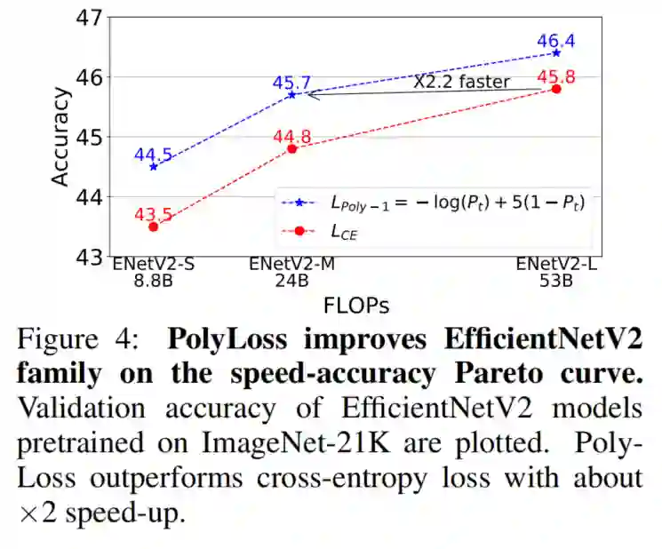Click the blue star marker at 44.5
[x=154, y=166]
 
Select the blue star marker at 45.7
[x=292, y=94]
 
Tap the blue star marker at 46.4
[x=556, y=52]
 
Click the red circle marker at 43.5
[x=154, y=227]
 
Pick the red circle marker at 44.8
[x=292, y=148]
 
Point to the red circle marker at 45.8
[x=556, y=88]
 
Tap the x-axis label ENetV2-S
[x=154, y=264]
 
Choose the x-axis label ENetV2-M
[x=292, y=264]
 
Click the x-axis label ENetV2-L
[x=556, y=264]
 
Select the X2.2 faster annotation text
[x=462, y=82]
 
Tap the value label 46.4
[x=556, y=41]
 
